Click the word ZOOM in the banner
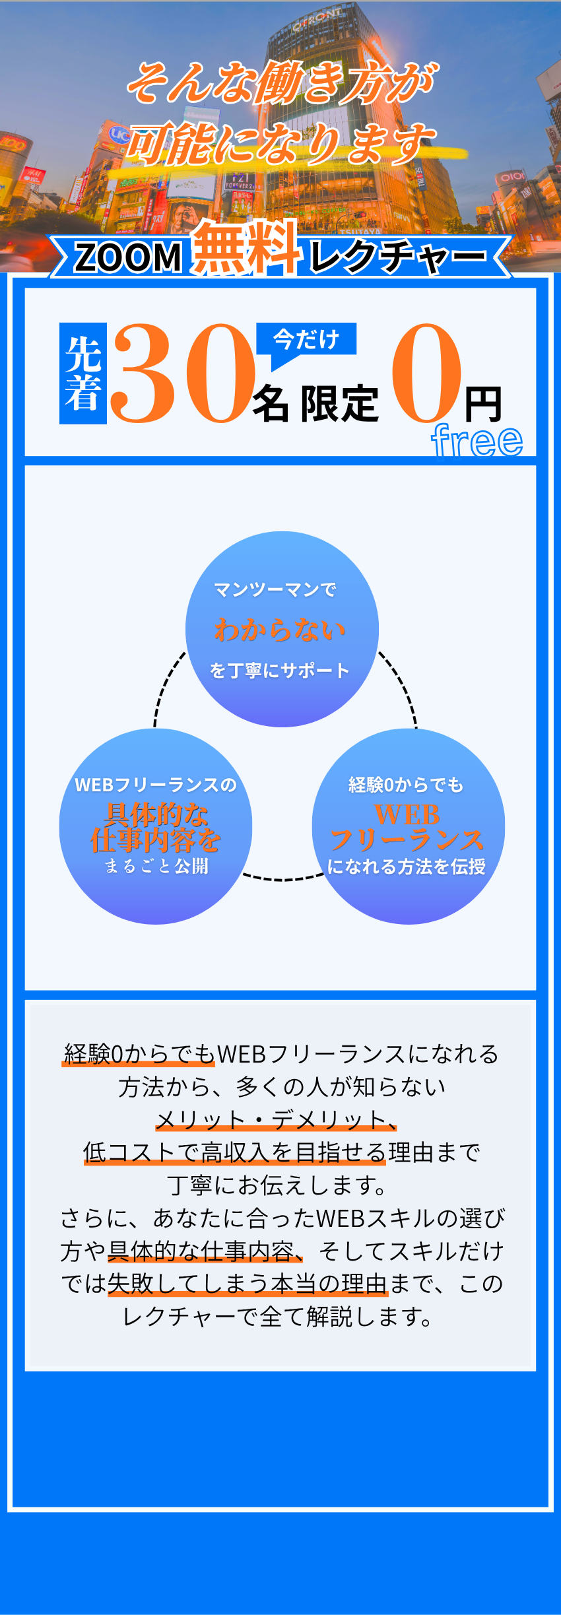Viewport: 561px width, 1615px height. [128, 257]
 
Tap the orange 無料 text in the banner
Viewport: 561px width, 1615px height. [246, 248]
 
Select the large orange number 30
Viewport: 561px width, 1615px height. [183, 374]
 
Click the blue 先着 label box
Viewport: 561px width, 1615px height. [83, 374]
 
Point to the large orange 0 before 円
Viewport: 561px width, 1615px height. [426, 374]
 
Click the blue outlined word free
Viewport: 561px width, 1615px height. [477, 440]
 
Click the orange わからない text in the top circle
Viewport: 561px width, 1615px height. [280, 630]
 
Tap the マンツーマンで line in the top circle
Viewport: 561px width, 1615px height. [275, 589]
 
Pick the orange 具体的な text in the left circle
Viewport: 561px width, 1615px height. [156, 814]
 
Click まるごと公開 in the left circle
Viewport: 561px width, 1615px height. [156, 866]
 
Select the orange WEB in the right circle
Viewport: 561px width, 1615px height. [407, 814]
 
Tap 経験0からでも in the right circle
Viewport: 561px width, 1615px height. [406, 785]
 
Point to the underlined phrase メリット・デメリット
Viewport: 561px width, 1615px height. [275, 1120]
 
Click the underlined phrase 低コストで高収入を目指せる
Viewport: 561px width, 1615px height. [234, 1152]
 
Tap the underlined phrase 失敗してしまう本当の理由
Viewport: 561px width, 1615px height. [247, 1284]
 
